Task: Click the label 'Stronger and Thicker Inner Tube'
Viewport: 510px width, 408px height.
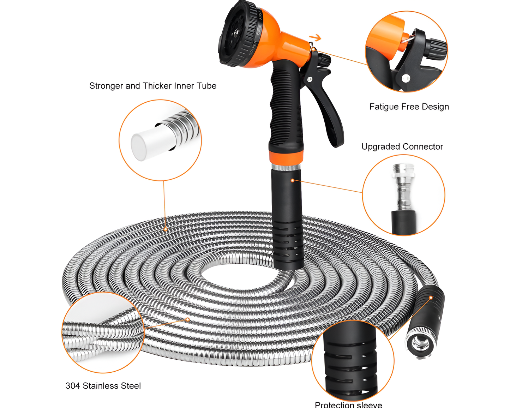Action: coord(152,86)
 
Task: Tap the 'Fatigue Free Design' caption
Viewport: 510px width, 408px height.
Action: coord(409,107)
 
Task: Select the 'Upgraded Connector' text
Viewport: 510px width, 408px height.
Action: coord(402,146)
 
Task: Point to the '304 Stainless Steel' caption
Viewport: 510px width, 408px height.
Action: coord(103,386)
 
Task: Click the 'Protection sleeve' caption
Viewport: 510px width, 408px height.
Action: coord(348,404)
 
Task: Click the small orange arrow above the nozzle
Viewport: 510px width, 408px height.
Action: coord(316,38)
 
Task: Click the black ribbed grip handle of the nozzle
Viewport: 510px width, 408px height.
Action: coord(284,106)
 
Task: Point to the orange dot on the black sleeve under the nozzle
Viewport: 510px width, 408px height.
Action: coord(293,181)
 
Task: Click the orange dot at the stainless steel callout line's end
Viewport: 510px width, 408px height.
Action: coord(188,319)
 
